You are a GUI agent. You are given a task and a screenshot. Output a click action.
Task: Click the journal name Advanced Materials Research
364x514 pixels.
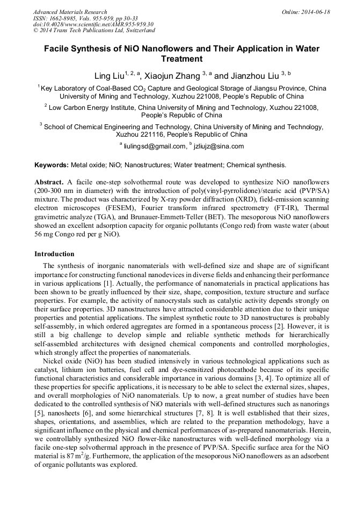tap(70, 12)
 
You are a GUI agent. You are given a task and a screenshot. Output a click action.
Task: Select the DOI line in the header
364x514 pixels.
tap(93, 24)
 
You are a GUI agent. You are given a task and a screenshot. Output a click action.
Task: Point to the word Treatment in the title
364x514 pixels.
tap(181, 59)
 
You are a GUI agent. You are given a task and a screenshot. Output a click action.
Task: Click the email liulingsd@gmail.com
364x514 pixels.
tap(154, 146)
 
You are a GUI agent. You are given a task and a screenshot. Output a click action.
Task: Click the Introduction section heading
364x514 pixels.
tap(54, 254)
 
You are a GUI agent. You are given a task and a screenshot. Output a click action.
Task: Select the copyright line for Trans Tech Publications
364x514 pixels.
tap(94, 31)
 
